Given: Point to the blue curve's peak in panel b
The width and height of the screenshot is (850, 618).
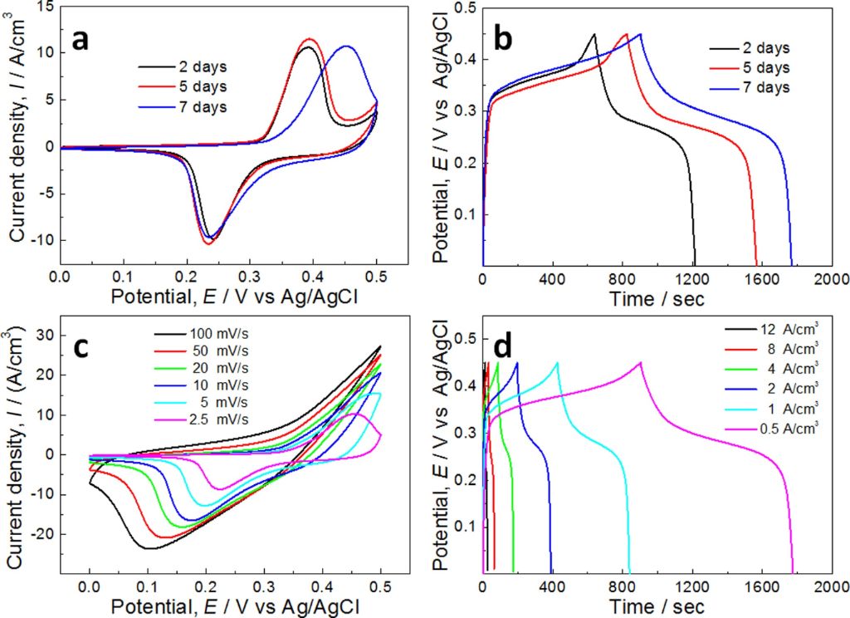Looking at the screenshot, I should click(x=640, y=34).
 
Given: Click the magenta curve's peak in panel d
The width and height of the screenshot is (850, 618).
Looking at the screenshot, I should click(x=640, y=362).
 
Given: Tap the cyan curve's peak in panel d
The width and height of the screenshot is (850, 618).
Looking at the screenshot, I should click(x=557, y=362).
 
